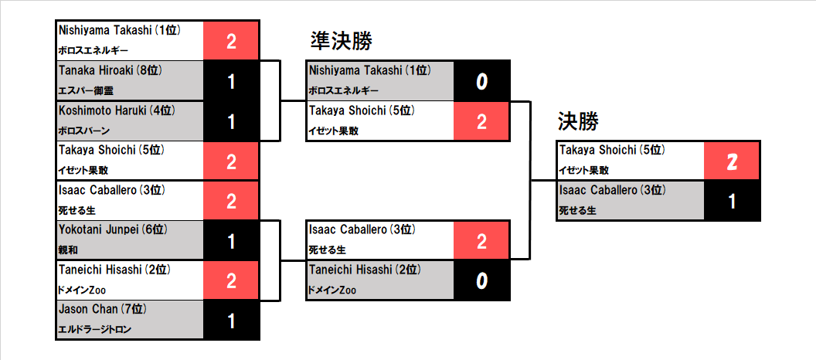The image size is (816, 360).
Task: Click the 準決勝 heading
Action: [342, 41]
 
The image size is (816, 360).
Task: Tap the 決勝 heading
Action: [579, 122]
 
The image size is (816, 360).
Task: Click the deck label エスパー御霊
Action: [85, 90]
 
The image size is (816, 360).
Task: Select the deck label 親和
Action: [68, 250]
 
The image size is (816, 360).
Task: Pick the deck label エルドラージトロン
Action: [95, 329]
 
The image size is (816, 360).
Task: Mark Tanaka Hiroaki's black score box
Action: [231, 81]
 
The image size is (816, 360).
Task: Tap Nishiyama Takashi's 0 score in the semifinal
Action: [481, 82]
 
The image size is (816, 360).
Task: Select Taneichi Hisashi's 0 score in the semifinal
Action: [481, 281]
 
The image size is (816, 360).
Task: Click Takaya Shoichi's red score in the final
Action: [732, 161]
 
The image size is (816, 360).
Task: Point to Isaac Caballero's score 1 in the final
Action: [733, 202]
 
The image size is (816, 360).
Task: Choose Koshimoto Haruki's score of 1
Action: [232, 121]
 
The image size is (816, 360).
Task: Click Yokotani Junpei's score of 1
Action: [232, 241]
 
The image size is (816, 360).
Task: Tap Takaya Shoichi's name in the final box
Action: [612, 151]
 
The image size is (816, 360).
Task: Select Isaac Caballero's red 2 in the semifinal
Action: [481, 241]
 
